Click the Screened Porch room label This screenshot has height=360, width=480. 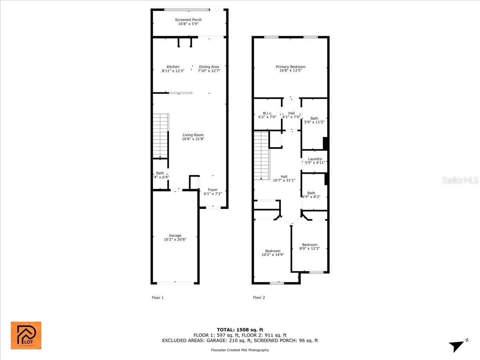(x=188, y=20)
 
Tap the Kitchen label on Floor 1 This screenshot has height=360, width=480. (x=173, y=67)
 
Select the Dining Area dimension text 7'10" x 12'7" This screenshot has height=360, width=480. (x=209, y=71)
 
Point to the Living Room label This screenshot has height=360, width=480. (x=193, y=135)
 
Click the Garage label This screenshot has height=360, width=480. (x=175, y=236)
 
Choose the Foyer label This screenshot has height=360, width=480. (x=213, y=190)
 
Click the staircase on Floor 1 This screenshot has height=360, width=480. (x=161, y=136)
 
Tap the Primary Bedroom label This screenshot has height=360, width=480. (x=290, y=67)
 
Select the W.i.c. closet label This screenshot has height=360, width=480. (x=267, y=113)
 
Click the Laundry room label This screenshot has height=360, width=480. (x=315, y=159)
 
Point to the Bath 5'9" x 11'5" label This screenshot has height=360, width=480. (x=314, y=118)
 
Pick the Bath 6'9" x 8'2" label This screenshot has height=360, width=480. (x=311, y=193)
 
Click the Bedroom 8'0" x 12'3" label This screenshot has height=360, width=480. (x=310, y=245)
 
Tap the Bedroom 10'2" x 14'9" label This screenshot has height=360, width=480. (x=273, y=251)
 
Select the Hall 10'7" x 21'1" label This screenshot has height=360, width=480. (x=284, y=176)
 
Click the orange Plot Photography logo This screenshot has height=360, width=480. (x=26, y=335)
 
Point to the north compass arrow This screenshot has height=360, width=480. (x=457, y=346)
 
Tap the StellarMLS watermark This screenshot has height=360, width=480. (x=460, y=181)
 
